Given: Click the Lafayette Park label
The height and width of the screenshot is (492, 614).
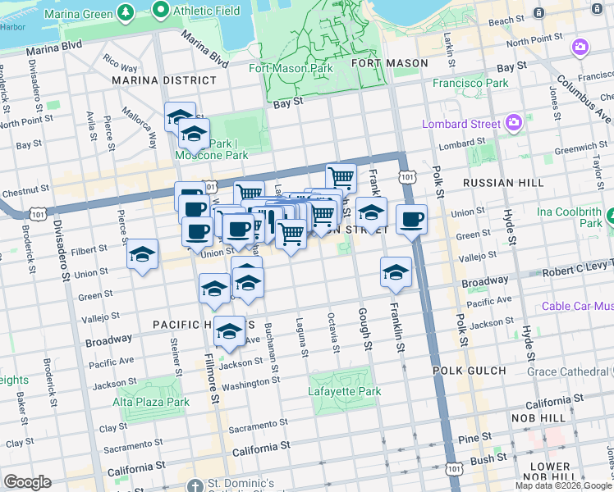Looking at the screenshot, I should pos(344,391).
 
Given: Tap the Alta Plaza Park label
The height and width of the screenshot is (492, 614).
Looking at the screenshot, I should pos(151,402).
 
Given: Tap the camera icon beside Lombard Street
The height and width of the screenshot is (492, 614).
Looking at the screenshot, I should pos(515,124).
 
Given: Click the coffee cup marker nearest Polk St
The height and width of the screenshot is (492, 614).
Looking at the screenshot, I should pos(411,219).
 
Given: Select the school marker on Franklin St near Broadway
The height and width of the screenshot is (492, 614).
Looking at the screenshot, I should pos(395,272).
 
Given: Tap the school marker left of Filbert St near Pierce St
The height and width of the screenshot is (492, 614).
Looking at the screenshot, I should pos(142,253).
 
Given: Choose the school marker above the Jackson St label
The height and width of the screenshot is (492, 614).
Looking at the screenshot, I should pos(229,331).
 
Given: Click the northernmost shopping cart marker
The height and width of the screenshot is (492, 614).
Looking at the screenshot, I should pos(341,176).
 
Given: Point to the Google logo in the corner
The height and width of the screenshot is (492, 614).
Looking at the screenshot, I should pos(27,482).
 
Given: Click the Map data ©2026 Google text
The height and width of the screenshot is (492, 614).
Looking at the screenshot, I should pos(563,485).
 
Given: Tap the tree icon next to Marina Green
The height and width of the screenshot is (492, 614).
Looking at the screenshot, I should pos(125,11).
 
